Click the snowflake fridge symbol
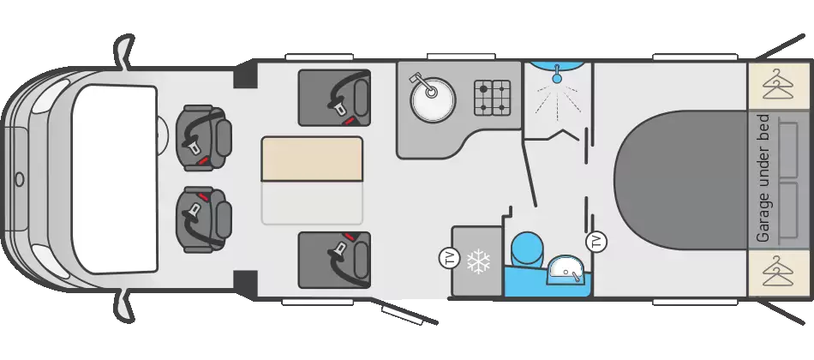(x=478, y=261)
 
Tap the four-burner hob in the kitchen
(x=492, y=98)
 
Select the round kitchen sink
(x=432, y=99)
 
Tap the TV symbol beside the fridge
(x=449, y=259)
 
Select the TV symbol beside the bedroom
(x=596, y=241)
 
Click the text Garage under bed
(x=763, y=177)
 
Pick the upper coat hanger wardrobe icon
(x=779, y=85)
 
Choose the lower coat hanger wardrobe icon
(x=779, y=271)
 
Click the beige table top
(x=312, y=159)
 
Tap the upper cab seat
(x=203, y=138)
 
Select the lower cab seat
(x=203, y=220)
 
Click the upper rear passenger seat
(x=334, y=98)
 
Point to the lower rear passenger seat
(x=334, y=260)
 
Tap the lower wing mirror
(x=124, y=307)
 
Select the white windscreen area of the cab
(x=114, y=179)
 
